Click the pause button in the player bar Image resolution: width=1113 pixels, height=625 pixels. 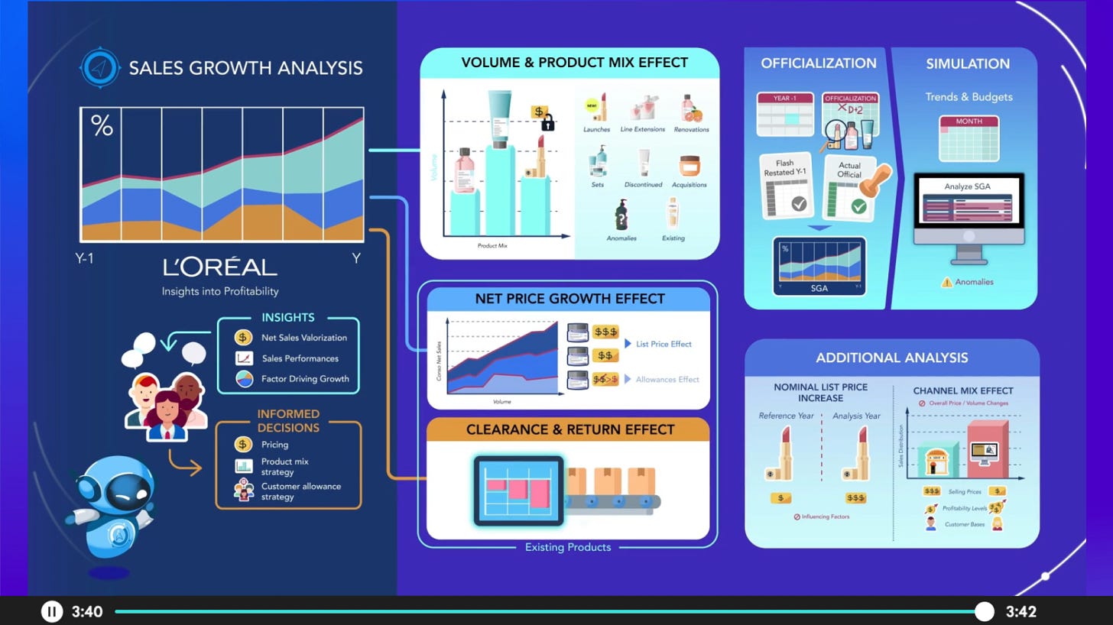coord(51,611)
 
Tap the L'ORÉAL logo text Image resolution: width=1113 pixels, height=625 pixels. coord(220,267)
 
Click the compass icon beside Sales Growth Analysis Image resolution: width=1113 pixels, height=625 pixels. coord(100,67)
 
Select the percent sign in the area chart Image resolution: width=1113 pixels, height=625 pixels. coord(102,125)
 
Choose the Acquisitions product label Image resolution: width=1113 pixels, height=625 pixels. coord(689,184)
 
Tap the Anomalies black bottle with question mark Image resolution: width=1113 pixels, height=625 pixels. coord(620,215)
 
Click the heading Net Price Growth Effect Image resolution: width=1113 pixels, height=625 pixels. coord(569,299)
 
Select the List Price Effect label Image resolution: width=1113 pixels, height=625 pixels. coord(664,344)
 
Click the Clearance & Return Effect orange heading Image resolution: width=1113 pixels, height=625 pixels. coord(569,429)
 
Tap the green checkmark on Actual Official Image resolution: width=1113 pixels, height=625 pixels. coord(858,207)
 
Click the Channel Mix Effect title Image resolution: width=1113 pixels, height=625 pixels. coord(963,391)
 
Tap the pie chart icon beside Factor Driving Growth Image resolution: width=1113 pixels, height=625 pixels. coord(244,378)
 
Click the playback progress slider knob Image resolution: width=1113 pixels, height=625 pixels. coord(985,611)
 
